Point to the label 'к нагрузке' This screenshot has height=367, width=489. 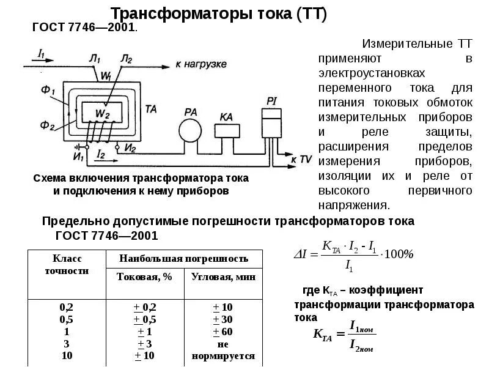[201, 64]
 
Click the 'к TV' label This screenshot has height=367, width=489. [301, 159]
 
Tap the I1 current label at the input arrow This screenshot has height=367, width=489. [41, 54]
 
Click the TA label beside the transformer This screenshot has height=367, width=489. [152, 108]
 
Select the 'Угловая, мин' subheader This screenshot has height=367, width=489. [223, 277]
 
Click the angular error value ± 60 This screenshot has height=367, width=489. [223, 331]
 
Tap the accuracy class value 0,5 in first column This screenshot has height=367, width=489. [65, 319]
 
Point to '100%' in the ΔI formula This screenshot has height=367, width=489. [399, 253]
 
